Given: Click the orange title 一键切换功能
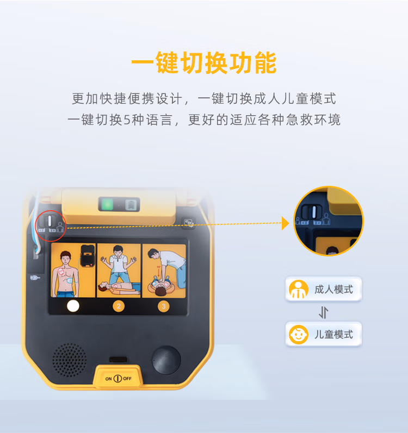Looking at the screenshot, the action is click(x=204, y=62).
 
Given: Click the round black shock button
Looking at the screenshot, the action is click(x=166, y=360).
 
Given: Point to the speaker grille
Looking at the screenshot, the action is click(x=70, y=360).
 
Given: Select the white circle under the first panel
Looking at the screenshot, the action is click(x=73, y=306).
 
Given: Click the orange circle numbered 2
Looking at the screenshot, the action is click(x=119, y=306).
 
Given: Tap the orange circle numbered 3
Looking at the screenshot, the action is click(x=164, y=306).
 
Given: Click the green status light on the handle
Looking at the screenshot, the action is click(x=107, y=204).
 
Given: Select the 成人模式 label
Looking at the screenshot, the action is click(x=333, y=290).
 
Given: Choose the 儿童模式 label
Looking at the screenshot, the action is click(x=333, y=335).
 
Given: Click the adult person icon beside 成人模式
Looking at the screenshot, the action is click(x=298, y=290).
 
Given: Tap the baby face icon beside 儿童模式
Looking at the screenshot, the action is click(x=298, y=335).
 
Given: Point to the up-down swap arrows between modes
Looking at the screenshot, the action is click(x=324, y=312).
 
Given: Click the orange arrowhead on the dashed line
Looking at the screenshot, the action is click(x=285, y=223).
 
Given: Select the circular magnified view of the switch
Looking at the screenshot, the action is click(x=329, y=221).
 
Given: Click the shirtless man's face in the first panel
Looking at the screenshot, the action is click(x=66, y=259).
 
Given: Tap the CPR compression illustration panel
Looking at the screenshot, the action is click(x=164, y=271).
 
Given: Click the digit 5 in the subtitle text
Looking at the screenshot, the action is click(x=127, y=120).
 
